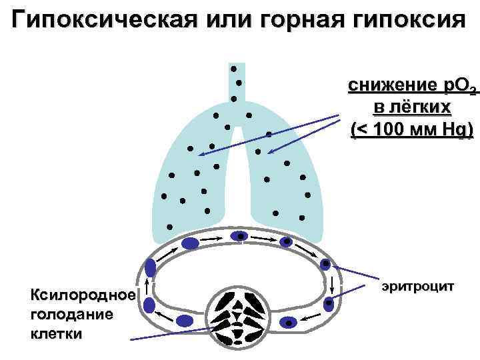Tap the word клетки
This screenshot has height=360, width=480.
click(57, 333)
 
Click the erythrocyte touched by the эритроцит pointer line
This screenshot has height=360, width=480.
click(325, 264)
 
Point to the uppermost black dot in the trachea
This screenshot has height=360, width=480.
click(234, 69)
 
